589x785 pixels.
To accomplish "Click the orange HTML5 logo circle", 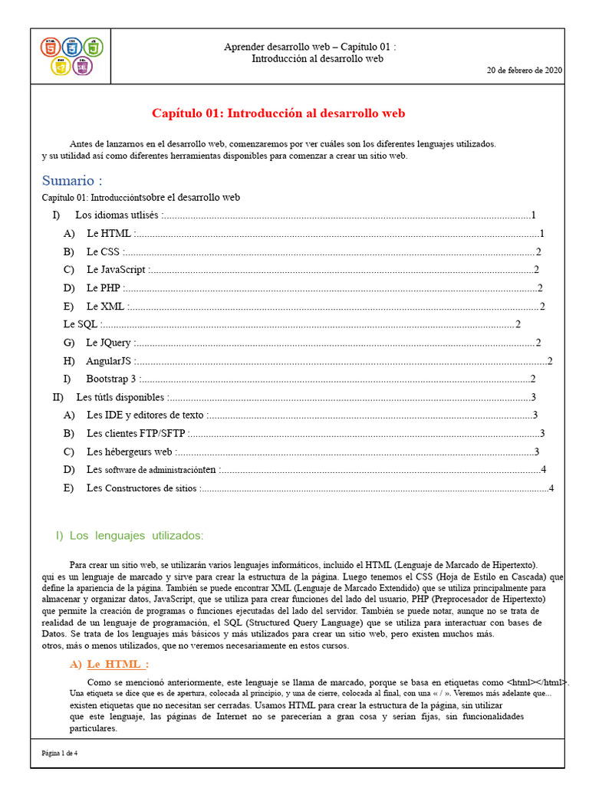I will (x=51, y=47).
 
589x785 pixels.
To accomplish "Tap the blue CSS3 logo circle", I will (x=72, y=47).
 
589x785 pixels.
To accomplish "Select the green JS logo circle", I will (x=93, y=47).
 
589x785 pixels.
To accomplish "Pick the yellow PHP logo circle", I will (x=61, y=67).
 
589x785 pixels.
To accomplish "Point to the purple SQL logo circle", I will (x=83, y=67).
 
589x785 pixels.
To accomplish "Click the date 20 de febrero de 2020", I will (x=525, y=70).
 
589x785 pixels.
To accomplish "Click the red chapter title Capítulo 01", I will (x=278, y=113).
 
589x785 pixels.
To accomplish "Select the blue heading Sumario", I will (x=72, y=181).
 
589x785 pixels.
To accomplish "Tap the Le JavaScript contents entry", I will (x=116, y=270).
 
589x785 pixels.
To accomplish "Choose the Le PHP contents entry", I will (x=104, y=288).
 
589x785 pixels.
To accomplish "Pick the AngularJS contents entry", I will (x=110, y=361).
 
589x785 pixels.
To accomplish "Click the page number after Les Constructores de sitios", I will (x=551, y=488).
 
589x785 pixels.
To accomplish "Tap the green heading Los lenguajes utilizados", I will (x=129, y=535).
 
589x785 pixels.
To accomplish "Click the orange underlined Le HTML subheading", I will (x=117, y=664).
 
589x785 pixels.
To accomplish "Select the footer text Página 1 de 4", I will (x=60, y=753).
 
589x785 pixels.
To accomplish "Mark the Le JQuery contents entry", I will (x=108, y=343).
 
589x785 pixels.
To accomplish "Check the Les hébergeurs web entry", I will (x=130, y=452).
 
